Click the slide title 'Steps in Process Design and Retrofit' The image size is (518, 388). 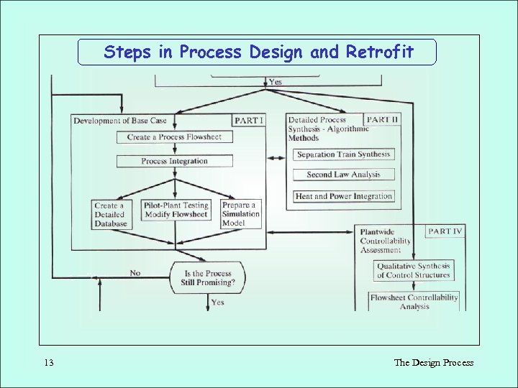(258, 52)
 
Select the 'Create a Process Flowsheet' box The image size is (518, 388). (175, 137)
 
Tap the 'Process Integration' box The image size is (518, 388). (175, 161)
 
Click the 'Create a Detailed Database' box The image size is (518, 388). (110, 214)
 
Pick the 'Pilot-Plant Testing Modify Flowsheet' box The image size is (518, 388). (176, 210)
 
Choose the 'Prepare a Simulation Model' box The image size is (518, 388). (241, 214)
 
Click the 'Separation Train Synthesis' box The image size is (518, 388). (343, 154)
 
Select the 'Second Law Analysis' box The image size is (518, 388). (343, 175)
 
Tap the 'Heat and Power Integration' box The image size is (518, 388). (343, 196)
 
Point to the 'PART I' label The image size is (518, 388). (248, 120)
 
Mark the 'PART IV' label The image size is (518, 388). (445, 231)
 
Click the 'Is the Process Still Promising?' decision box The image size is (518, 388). (209, 278)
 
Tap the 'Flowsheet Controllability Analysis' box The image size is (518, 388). (414, 302)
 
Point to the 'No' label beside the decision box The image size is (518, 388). (135, 272)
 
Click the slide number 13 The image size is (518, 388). (48, 363)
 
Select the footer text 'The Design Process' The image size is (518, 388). (433, 363)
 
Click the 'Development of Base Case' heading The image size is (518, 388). (120, 121)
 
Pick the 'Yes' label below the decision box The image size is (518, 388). (217, 302)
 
